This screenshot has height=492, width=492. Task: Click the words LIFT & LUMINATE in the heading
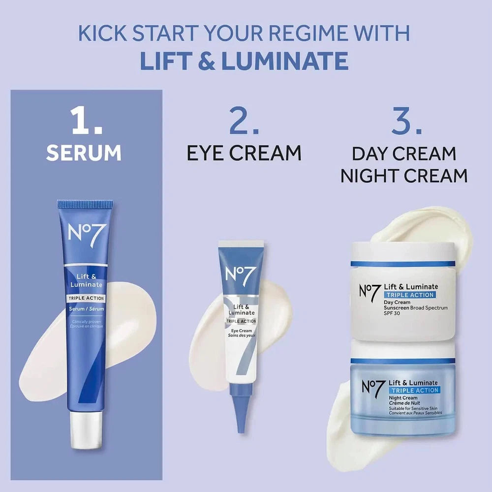pos(245,60)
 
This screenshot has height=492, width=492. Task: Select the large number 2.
pos(244,121)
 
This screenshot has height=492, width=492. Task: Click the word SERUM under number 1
pos(84,153)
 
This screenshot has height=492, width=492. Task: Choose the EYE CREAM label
pos(244,153)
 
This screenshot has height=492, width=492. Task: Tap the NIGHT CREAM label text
pos(404,176)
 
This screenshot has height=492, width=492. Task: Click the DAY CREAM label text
pos(404,154)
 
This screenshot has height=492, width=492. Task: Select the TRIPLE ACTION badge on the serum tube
pos(85,298)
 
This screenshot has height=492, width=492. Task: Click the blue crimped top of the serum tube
pos(85,204)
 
